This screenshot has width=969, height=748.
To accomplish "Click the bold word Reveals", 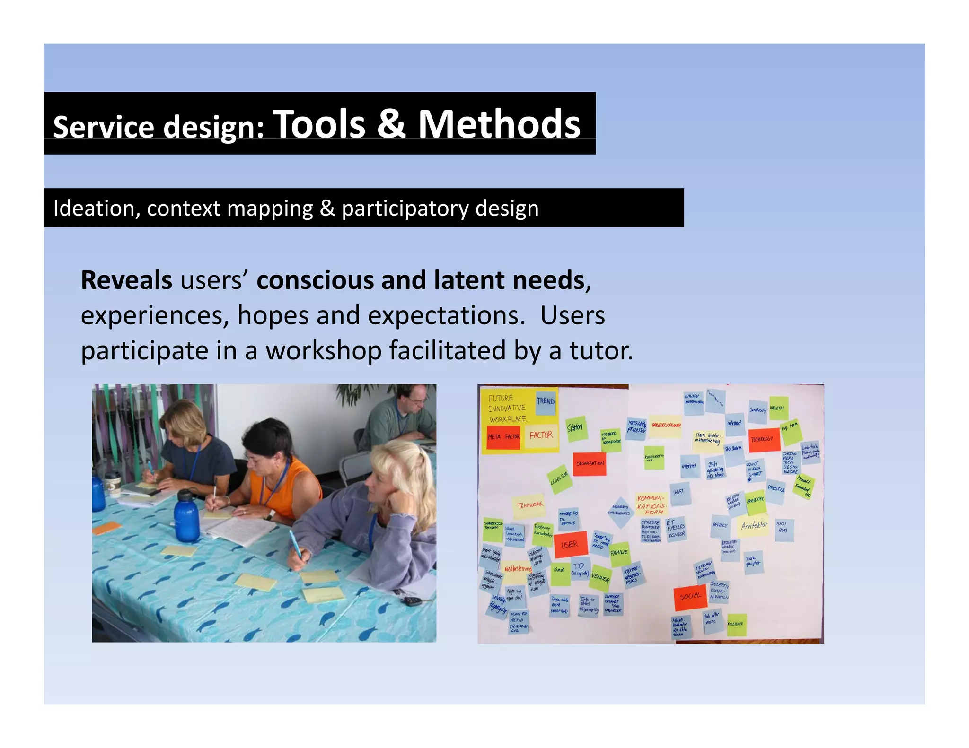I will click(126, 280).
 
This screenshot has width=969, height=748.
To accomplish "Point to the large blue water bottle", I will click(187, 516).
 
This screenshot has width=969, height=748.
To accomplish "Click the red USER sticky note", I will click(570, 544).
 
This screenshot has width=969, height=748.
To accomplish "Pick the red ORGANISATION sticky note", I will click(590, 464).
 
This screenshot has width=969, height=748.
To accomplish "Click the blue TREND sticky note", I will click(546, 402).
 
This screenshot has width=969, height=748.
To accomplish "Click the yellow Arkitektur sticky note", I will click(754, 526).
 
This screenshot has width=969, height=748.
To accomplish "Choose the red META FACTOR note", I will click(503, 437).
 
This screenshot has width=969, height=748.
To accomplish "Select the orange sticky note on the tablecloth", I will click(106, 528).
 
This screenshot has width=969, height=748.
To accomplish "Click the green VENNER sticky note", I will click(600, 577).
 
